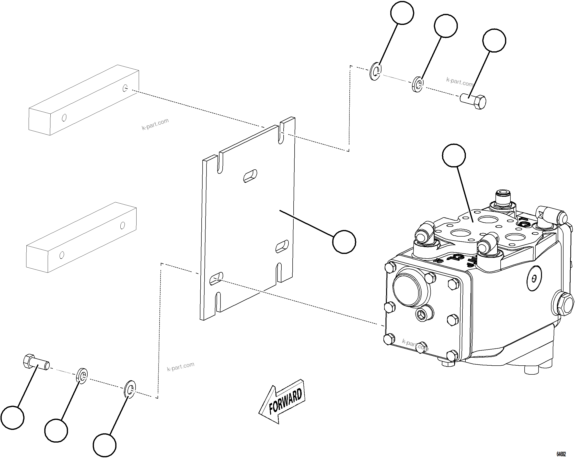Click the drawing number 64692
point(561,454)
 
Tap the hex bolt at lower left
point(36,362)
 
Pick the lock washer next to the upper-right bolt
point(417,84)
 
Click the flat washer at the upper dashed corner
point(375,71)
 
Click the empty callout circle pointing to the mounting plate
point(344,242)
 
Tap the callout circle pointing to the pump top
point(454,155)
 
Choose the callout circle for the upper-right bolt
point(494,41)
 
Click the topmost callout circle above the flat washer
point(402,13)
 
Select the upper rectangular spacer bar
point(84,100)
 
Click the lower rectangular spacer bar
point(81,237)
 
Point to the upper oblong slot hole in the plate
point(250,176)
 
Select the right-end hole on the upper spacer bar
point(125,88)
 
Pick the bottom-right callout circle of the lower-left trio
point(104,445)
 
